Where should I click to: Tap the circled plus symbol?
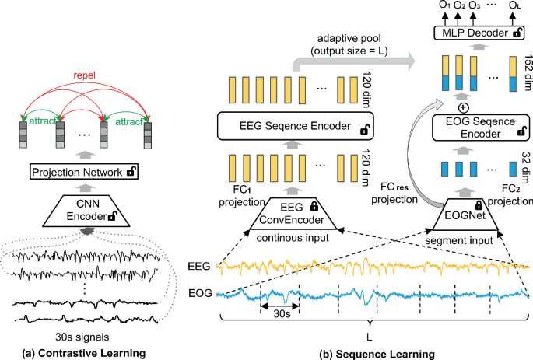click(464, 107)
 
